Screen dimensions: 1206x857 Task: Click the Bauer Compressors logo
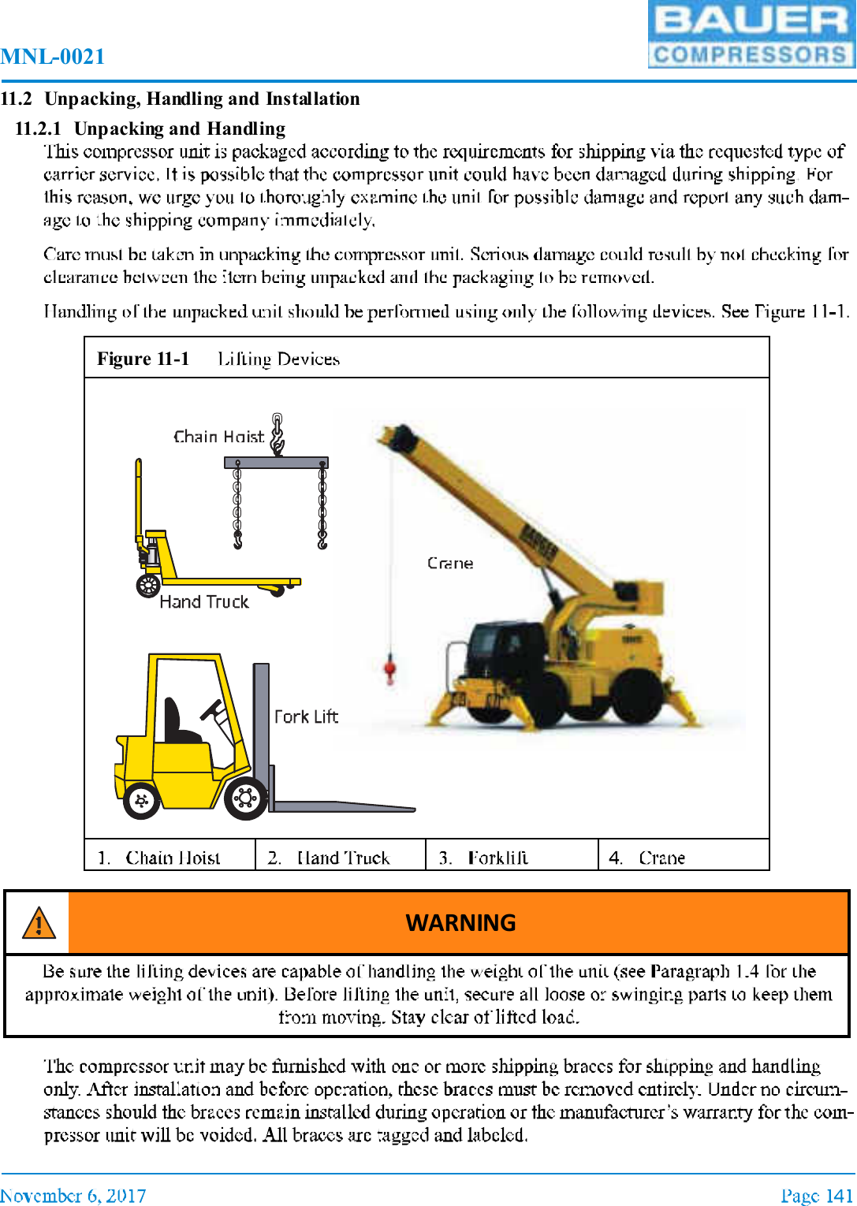click(x=751, y=35)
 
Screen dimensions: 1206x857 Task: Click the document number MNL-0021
click(x=53, y=57)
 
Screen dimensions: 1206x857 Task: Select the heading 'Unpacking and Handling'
click(x=179, y=128)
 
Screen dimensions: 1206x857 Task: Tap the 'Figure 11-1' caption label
click(x=143, y=359)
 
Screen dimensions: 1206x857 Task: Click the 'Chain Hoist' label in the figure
click(x=218, y=437)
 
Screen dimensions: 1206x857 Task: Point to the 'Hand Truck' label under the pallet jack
click(x=203, y=602)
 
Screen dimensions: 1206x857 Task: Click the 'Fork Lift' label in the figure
click(x=306, y=717)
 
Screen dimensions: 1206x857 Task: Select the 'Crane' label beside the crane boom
click(x=450, y=564)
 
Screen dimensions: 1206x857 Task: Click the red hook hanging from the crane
click(x=389, y=670)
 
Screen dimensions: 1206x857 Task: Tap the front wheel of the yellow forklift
click(x=245, y=798)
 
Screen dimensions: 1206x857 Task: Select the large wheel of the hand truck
click(x=148, y=586)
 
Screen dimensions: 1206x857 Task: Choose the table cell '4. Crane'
click(x=646, y=858)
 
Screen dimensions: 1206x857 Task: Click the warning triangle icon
click(x=38, y=922)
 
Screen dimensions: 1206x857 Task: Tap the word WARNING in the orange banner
click(x=460, y=922)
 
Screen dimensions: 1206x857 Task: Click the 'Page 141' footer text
click(x=817, y=1195)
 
